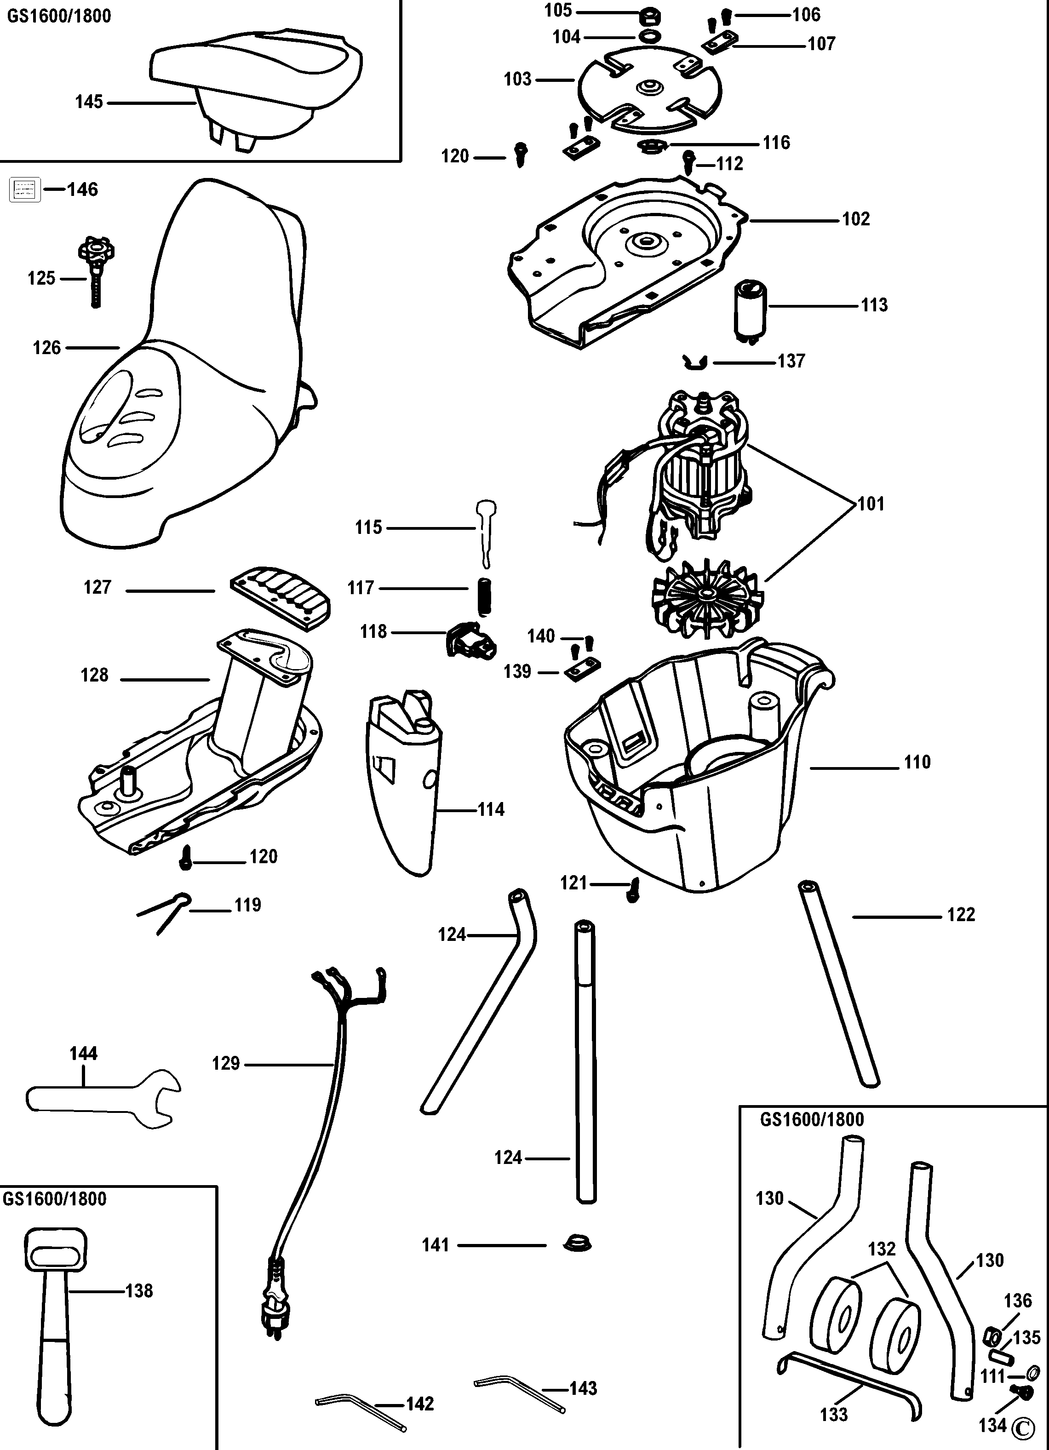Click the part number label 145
click(89, 102)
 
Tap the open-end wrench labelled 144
click(102, 1099)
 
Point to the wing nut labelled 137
click(695, 362)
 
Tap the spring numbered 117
click(485, 596)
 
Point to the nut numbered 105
click(651, 14)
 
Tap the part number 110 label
click(917, 762)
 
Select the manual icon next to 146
click(25, 190)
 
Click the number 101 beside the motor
click(871, 504)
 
